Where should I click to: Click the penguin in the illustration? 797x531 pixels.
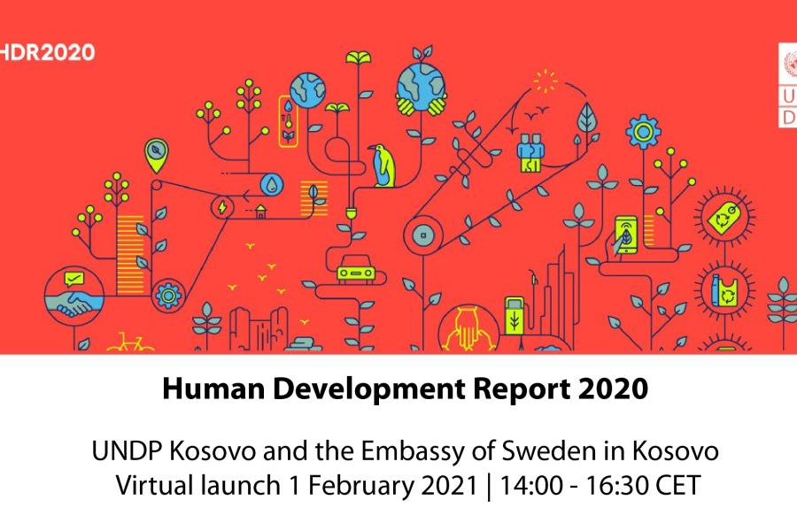(x=383, y=165)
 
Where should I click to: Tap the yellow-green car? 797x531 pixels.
(x=356, y=268)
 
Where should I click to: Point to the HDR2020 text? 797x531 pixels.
(x=47, y=52)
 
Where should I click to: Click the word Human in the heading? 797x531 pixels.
(x=213, y=389)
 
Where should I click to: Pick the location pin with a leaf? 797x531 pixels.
(x=157, y=155)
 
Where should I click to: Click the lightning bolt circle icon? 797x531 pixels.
(x=222, y=207)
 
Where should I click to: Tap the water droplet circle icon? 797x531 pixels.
(x=272, y=184)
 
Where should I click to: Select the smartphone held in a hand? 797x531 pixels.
(x=626, y=235)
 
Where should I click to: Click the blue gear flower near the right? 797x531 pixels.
(x=644, y=132)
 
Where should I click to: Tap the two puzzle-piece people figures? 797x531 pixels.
(x=531, y=152)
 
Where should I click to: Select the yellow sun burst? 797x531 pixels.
(x=546, y=81)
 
